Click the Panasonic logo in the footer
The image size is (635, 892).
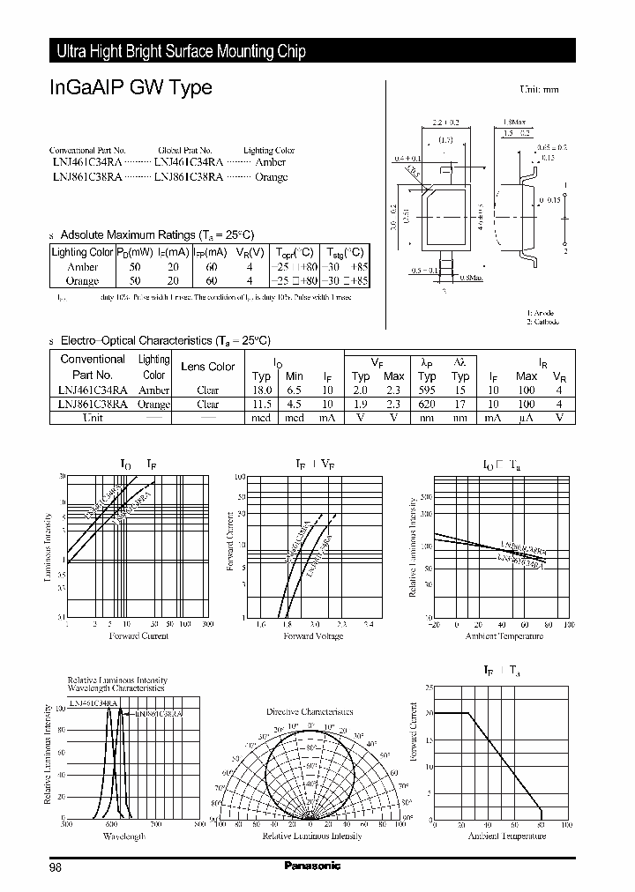[x=312, y=866]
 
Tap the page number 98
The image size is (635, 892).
[x=56, y=867]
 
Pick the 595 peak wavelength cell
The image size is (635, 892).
[x=428, y=390]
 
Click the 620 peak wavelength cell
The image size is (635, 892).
[x=428, y=405]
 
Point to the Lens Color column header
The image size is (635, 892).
[x=207, y=367]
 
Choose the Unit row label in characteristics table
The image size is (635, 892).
[x=93, y=418]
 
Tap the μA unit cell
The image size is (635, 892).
[x=527, y=418]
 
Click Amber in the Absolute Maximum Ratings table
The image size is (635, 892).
[x=82, y=267]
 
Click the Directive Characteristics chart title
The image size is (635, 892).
[x=310, y=711]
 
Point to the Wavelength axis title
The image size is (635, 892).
[x=122, y=835]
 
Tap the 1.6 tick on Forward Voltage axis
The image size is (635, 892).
[x=260, y=625]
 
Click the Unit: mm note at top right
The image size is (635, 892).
[x=538, y=90]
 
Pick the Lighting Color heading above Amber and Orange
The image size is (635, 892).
[x=269, y=151]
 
